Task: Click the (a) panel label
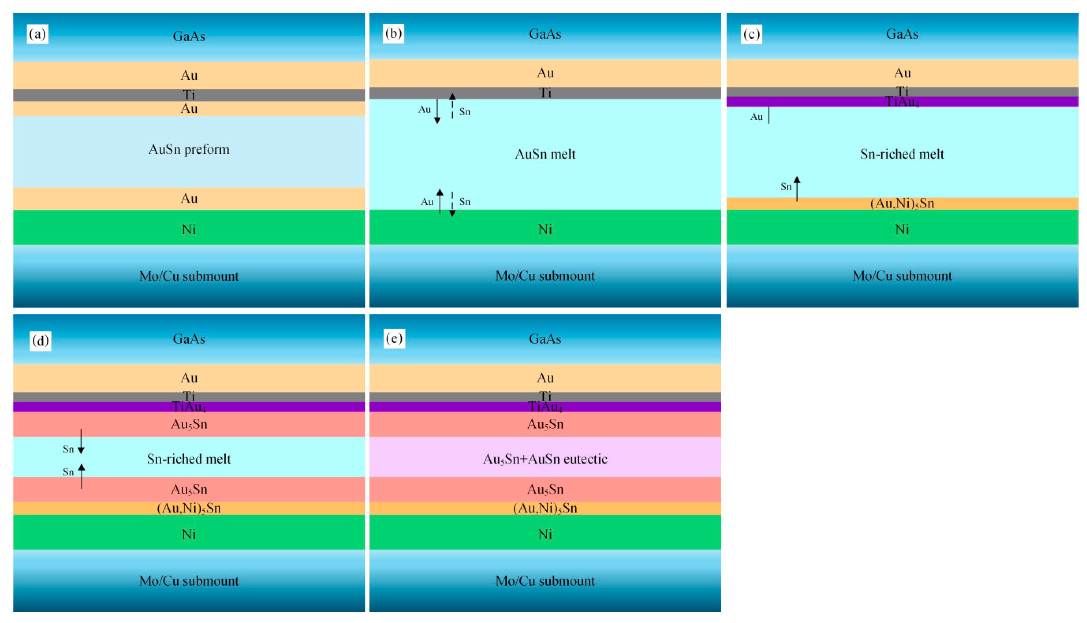[x=38, y=34]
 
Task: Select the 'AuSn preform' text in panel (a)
[x=189, y=149]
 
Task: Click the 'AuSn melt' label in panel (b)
[x=545, y=154]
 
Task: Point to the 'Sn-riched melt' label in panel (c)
[x=902, y=154]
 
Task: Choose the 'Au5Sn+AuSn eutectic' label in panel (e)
[x=545, y=459]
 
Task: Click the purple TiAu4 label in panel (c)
[x=902, y=102]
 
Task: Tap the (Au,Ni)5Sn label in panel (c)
[x=902, y=203]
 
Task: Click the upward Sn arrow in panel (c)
[x=797, y=188]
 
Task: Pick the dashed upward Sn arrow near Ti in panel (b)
[x=452, y=106]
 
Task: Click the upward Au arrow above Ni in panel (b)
[x=440, y=201]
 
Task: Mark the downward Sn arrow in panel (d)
[x=81, y=441]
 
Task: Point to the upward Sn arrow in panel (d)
[x=81, y=476]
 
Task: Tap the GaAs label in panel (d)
[x=189, y=339]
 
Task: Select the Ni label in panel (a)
[x=189, y=229]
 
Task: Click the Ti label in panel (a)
[x=189, y=94]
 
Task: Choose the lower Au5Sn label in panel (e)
[x=545, y=489]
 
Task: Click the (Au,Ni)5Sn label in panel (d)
[x=189, y=508]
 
